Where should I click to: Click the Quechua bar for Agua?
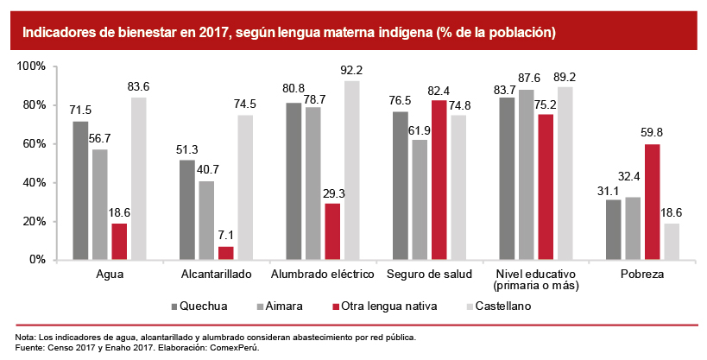pos(80,190)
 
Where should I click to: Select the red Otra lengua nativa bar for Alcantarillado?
pos(226,252)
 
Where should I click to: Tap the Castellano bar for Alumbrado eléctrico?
pos(352,169)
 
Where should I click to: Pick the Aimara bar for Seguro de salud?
pos(420,199)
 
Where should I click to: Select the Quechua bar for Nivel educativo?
pos(507,178)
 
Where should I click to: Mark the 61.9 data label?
pos(420,129)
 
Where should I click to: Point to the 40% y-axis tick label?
pos(34,182)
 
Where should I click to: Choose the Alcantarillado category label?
pos(216,274)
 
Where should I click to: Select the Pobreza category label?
pos(642,274)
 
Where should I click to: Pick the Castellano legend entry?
pos(502,306)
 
